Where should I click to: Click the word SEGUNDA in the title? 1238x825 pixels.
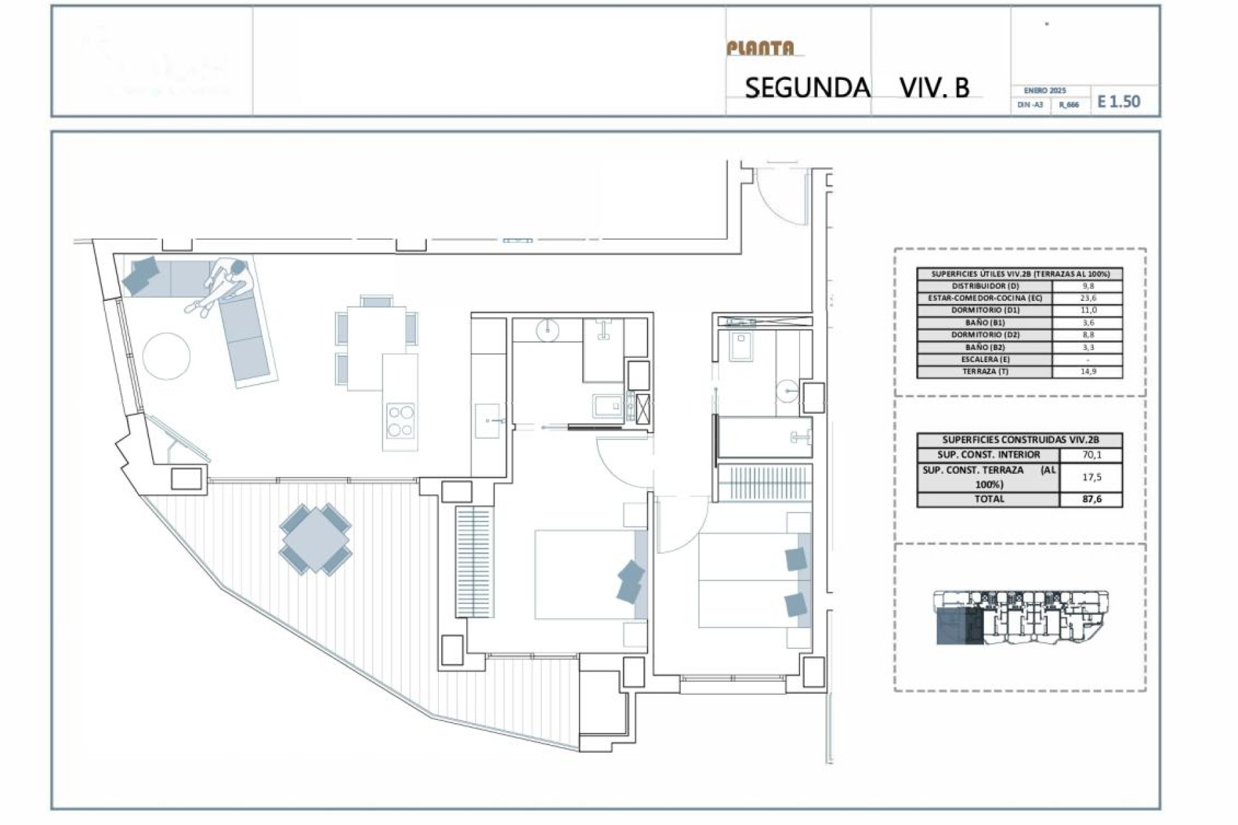(x=807, y=88)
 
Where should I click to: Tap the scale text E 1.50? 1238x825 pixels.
(x=1119, y=102)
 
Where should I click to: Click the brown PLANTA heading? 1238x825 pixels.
(x=760, y=48)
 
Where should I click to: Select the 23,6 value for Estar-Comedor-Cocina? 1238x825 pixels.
(x=1088, y=298)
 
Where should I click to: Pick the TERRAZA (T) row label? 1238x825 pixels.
(x=985, y=372)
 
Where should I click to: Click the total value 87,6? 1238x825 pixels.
(x=1092, y=500)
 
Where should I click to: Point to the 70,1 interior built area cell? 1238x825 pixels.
(x=1092, y=455)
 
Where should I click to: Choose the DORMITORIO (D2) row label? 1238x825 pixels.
(x=985, y=335)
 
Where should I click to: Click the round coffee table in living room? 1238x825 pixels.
(x=166, y=356)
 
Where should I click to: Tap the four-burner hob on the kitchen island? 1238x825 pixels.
(x=400, y=420)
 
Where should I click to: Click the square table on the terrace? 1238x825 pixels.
(x=315, y=538)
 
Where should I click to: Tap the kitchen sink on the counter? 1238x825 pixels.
(x=487, y=421)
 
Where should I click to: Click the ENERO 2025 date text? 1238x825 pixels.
(x=1045, y=91)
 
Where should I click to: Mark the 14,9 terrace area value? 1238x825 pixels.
(x=1088, y=372)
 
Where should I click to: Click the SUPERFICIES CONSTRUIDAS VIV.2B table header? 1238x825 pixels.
(x=1019, y=440)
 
